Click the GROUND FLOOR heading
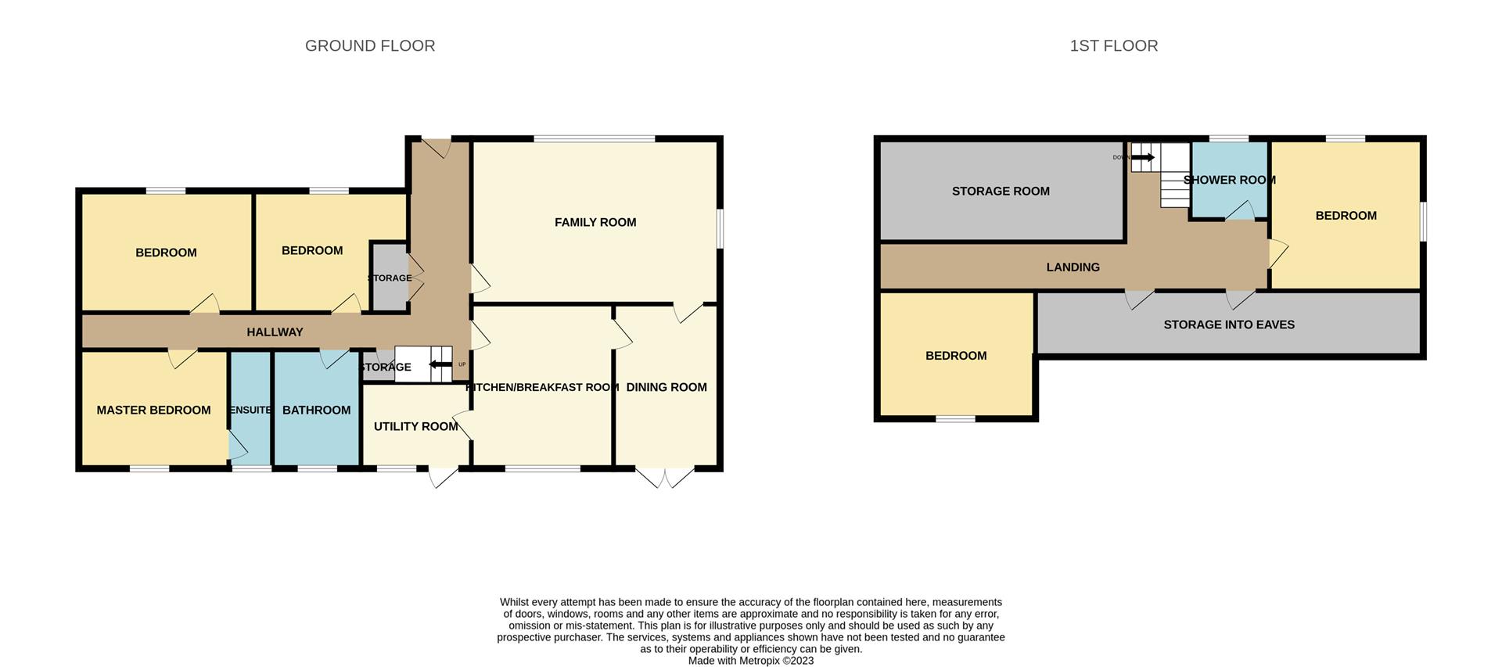(x=370, y=46)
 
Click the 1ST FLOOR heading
(x=1114, y=46)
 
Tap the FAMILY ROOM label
(x=595, y=223)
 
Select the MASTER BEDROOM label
(x=153, y=411)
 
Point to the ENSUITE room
(x=250, y=410)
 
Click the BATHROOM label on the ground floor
(x=316, y=411)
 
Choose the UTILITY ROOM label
(x=415, y=427)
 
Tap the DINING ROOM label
(x=667, y=388)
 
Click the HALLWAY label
(x=275, y=332)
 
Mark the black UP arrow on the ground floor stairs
(x=440, y=364)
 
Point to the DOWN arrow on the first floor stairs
(x=1143, y=158)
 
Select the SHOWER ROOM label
(x=1230, y=181)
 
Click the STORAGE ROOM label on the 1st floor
(x=1001, y=192)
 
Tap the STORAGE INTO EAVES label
(x=1229, y=325)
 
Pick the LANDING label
(x=1073, y=267)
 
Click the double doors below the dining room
(x=665, y=477)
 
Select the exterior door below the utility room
(x=442, y=477)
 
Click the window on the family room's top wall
(x=595, y=139)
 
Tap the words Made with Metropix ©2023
(x=751, y=661)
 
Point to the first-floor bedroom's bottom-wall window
(x=956, y=419)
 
